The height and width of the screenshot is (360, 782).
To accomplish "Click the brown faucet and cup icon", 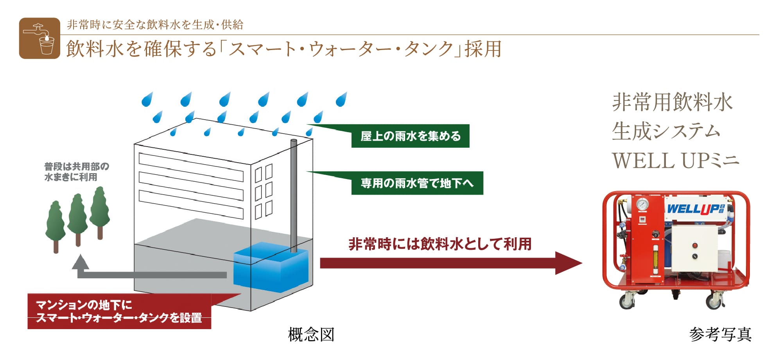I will click(x=39, y=38).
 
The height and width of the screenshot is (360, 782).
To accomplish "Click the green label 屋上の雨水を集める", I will click(x=410, y=136).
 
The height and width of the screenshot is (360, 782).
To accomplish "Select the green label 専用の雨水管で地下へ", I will click(x=417, y=183).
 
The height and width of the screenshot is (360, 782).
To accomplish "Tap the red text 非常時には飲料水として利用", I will click(x=440, y=244).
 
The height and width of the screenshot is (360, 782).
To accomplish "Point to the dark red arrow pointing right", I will click(x=450, y=263).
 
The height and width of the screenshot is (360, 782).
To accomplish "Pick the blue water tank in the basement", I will click(x=271, y=268).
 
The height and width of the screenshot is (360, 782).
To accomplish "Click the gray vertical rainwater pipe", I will click(x=293, y=195).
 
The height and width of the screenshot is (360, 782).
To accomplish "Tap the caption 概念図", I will click(x=311, y=335).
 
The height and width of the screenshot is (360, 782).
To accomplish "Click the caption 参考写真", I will click(x=720, y=335).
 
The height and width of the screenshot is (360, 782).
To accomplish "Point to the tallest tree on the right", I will click(x=100, y=211).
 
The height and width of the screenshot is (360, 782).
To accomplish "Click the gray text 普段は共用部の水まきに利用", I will click(x=76, y=172).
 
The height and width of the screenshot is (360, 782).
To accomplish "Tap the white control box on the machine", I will click(x=695, y=249).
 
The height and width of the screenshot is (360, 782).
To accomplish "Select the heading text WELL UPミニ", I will click(x=675, y=161).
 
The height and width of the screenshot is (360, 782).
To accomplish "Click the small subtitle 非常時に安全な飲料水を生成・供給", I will click(x=155, y=25).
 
